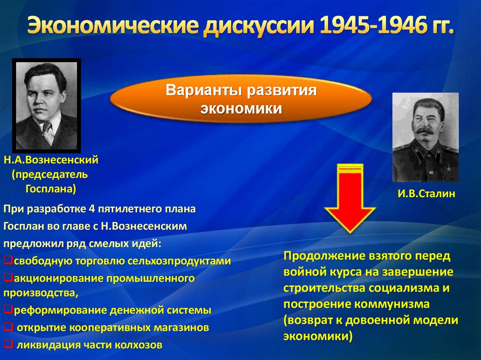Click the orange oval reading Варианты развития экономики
(241, 99)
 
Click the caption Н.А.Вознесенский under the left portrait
(51, 160)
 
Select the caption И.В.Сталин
(427, 193)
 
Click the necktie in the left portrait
(48, 133)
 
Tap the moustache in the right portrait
(425, 130)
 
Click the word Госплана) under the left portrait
(51, 188)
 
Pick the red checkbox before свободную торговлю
(8, 260)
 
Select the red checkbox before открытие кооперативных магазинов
(8, 327)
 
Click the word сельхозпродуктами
(179, 261)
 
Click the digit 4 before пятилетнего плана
(92, 209)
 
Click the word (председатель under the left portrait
(50, 175)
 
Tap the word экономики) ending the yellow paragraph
(318, 337)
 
